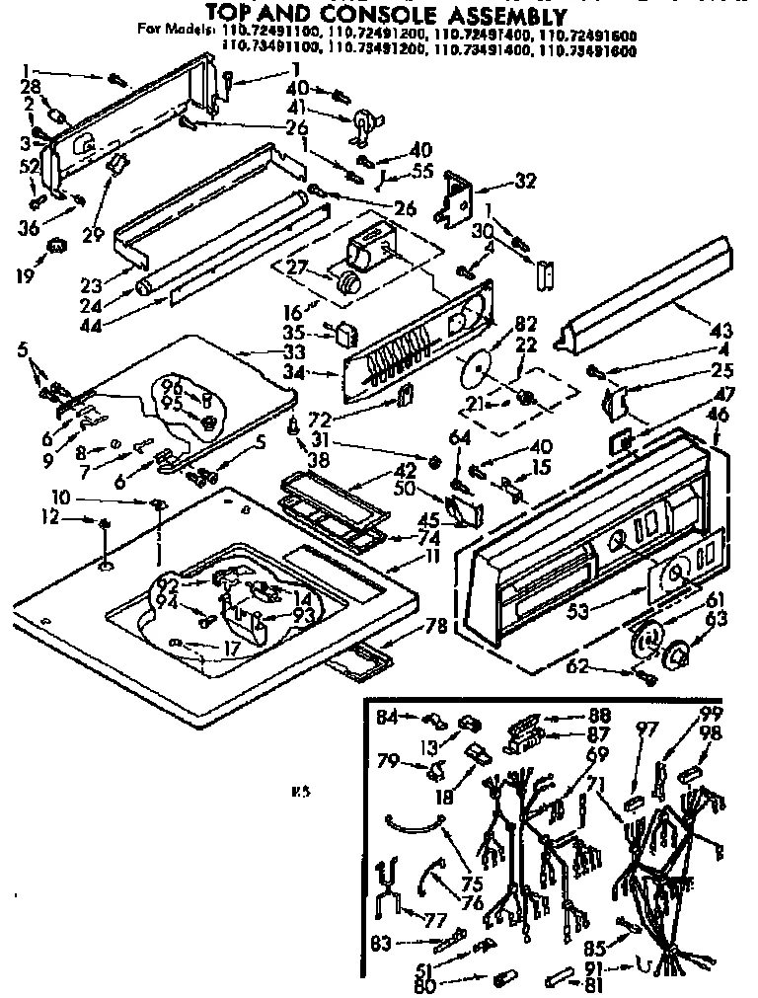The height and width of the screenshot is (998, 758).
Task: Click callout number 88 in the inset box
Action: (599, 714)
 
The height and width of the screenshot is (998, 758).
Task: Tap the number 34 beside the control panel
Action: (320, 373)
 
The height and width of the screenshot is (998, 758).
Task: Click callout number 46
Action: (720, 416)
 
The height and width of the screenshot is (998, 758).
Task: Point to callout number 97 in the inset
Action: (646, 729)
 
